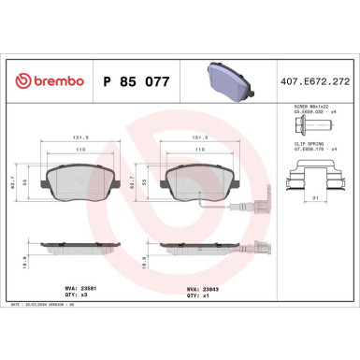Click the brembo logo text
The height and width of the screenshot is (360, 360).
click(46, 82)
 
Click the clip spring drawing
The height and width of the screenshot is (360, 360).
click(310, 172)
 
